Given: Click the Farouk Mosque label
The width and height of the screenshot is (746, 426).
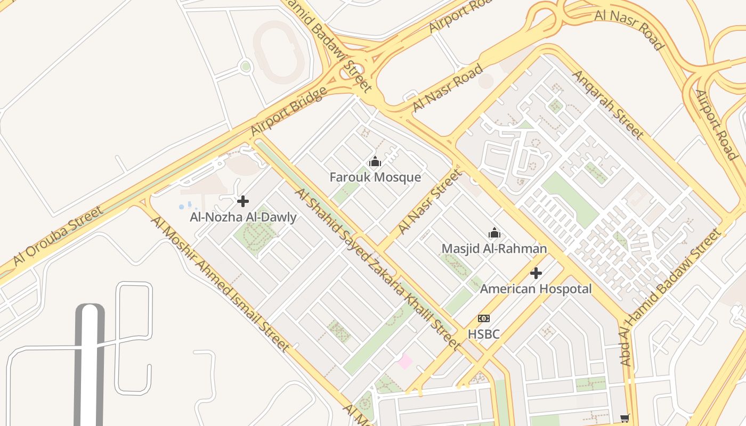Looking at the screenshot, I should [375, 177].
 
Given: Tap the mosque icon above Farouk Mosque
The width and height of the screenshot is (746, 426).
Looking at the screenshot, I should [375, 161].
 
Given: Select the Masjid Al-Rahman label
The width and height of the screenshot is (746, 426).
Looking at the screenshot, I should [494, 249].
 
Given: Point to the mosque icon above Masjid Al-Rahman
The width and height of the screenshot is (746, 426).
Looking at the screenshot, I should [494, 233].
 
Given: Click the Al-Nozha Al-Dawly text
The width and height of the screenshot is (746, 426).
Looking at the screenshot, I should [243, 217].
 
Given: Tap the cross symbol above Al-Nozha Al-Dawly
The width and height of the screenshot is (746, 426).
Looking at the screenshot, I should [243, 201].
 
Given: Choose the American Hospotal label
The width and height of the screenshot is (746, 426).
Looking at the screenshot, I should [536, 289].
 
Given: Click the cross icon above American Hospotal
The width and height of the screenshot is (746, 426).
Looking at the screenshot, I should [536, 273].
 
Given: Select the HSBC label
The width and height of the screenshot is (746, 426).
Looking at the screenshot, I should [484, 334].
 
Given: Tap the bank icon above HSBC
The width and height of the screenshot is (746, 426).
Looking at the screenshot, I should [484, 318].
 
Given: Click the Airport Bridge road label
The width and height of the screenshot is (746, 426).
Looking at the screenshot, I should [288, 111].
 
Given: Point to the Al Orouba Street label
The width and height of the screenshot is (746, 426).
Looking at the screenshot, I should [58, 235].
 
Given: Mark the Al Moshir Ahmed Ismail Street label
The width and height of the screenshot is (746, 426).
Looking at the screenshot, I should [221, 284].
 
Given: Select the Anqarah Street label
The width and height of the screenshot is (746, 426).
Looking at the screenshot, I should [607, 104].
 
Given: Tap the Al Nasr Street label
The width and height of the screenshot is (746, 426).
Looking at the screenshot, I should [429, 201].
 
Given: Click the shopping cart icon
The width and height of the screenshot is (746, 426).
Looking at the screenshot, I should [625, 418].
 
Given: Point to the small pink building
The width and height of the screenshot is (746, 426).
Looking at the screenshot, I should [405, 362].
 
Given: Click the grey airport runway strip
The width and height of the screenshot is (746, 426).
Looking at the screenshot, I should [90, 367].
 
